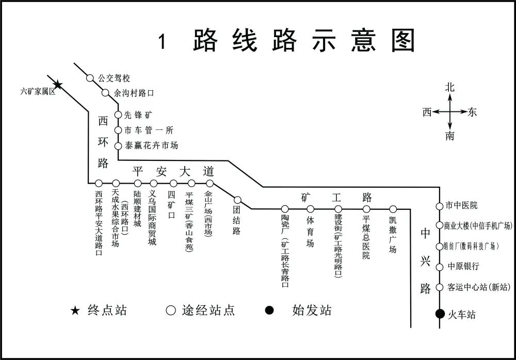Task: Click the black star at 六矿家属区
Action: [x=58, y=85]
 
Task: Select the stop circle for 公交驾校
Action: [x=90, y=78]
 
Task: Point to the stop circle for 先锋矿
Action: [x=118, y=114]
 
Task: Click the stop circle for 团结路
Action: [x=237, y=200]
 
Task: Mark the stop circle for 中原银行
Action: [x=439, y=267]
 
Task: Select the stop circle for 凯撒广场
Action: [x=393, y=209]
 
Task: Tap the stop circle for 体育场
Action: [x=310, y=209]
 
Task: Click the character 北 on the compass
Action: [x=450, y=87]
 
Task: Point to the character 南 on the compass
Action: [x=450, y=136]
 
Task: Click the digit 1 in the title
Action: [x=163, y=42]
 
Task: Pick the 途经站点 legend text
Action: [x=208, y=310]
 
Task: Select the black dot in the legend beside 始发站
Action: [x=269, y=310]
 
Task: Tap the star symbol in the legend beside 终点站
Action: [x=76, y=310]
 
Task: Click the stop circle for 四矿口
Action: [x=173, y=183]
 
